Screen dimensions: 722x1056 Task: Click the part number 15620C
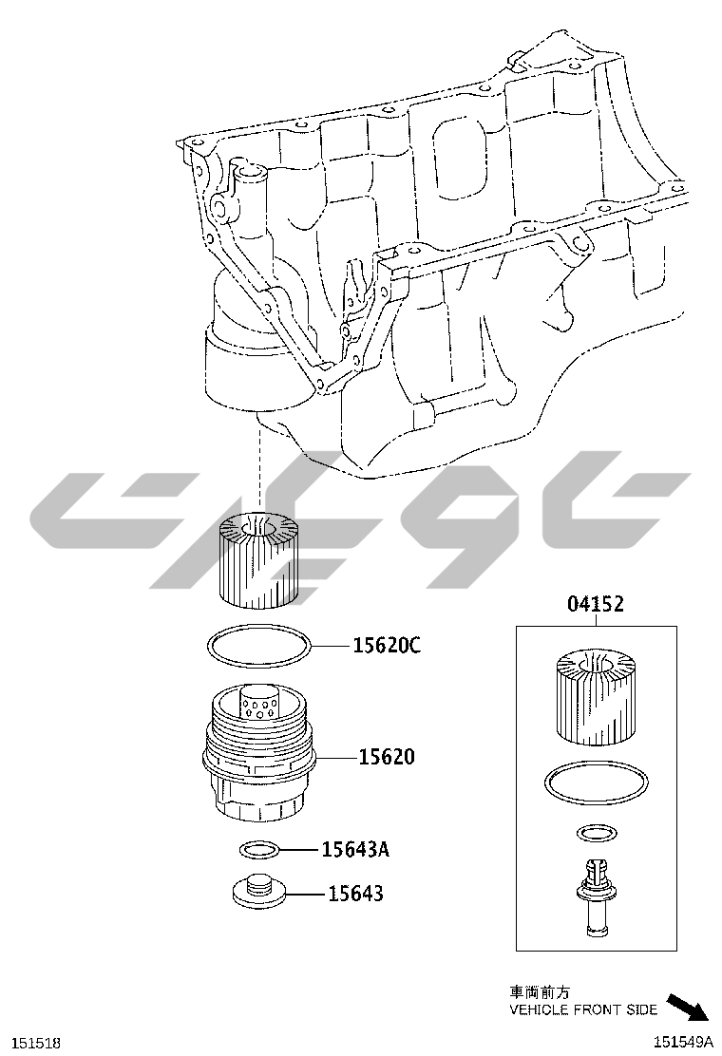tap(387, 645)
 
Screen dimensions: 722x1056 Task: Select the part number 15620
tap(386, 757)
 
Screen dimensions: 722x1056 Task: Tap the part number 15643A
tap(355, 849)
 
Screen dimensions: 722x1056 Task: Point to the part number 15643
tap(355, 894)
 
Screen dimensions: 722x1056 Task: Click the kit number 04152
tap(596, 603)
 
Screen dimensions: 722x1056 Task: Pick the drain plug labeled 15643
tap(258, 891)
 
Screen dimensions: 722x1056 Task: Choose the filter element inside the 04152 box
tap(596, 697)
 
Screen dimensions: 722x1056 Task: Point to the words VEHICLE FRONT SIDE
tap(583, 1009)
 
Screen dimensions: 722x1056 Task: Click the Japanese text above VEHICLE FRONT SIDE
tap(540, 992)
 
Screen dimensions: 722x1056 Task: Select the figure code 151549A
tap(682, 1042)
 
